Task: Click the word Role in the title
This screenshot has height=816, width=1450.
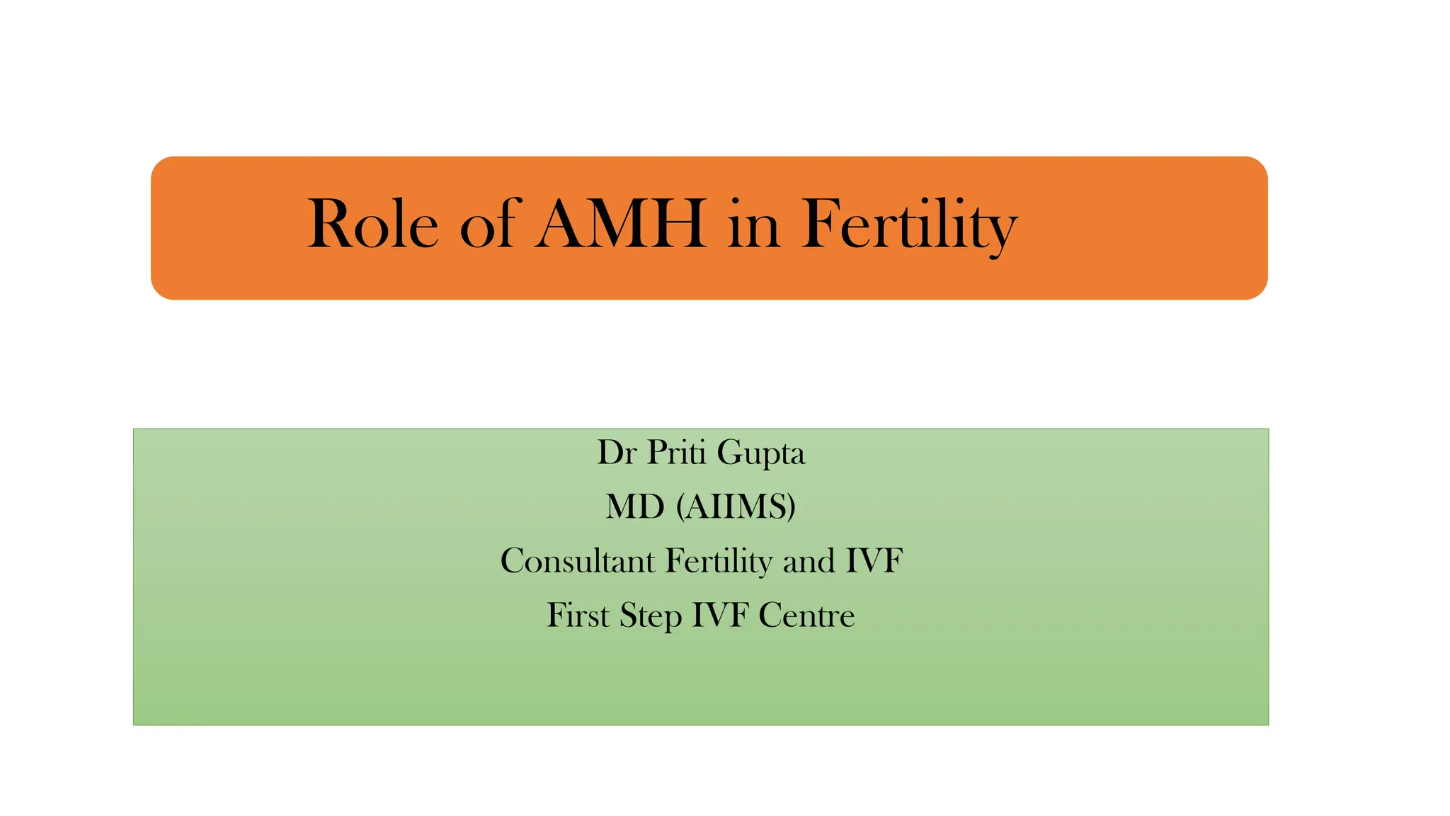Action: pyautogui.click(x=373, y=225)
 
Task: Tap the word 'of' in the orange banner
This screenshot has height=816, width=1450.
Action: pyautogui.click(x=487, y=225)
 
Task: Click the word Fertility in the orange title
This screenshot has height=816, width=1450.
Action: pyautogui.click(x=909, y=225)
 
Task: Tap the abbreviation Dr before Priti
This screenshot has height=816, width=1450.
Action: pyautogui.click(x=617, y=453)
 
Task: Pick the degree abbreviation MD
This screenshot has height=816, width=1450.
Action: pyautogui.click(x=635, y=507)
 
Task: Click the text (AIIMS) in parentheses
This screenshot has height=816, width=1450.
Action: pyautogui.click(x=736, y=507)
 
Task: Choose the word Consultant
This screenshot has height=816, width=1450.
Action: pyautogui.click(x=578, y=561)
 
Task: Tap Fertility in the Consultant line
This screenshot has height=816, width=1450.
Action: pyautogui.click(x=719, y=561)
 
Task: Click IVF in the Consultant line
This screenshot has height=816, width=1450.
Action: pyautogui.click(x=874, y=561)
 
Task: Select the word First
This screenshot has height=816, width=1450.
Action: pyautogui.click(x=578, y=615)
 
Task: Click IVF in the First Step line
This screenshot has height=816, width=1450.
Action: pyautogui.click(x=720, y=615)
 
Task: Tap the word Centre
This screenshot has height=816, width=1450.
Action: pyautogui.click(x=806, y=615)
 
